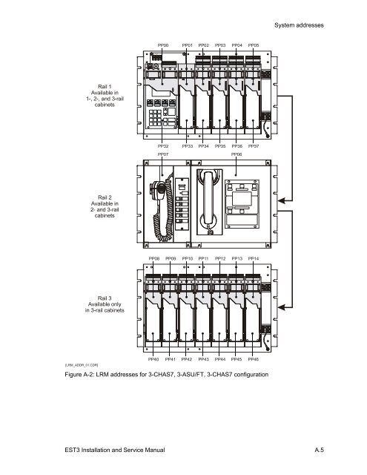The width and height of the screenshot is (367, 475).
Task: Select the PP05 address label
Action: pos(254,45)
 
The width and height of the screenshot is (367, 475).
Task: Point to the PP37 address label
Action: pos(254,147)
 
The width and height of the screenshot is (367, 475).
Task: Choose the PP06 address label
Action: pos(237,155)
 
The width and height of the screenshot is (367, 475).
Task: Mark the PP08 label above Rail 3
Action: pos(154,258)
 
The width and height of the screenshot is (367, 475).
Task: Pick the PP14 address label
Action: pos(254,258)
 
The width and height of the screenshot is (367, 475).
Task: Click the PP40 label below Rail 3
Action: pos(154,358)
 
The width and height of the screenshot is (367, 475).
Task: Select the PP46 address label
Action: pos(254,358)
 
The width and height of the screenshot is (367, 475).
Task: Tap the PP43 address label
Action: pos(204,358)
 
